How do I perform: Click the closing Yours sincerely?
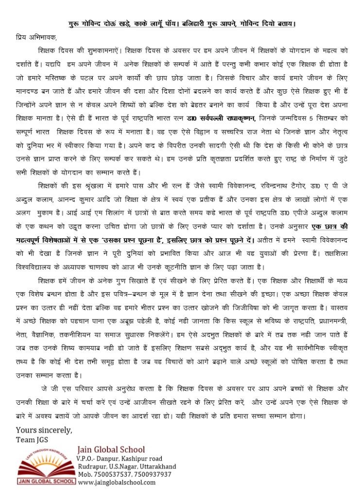[x=44, y=430]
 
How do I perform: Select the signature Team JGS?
[x=32, y=439]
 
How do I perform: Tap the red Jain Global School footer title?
[x=111, y=449]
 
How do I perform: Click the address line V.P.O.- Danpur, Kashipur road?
[x=120, y=458]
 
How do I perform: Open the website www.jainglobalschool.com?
[x=117, y=482]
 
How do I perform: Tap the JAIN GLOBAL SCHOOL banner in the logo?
[x=46, y=481]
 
